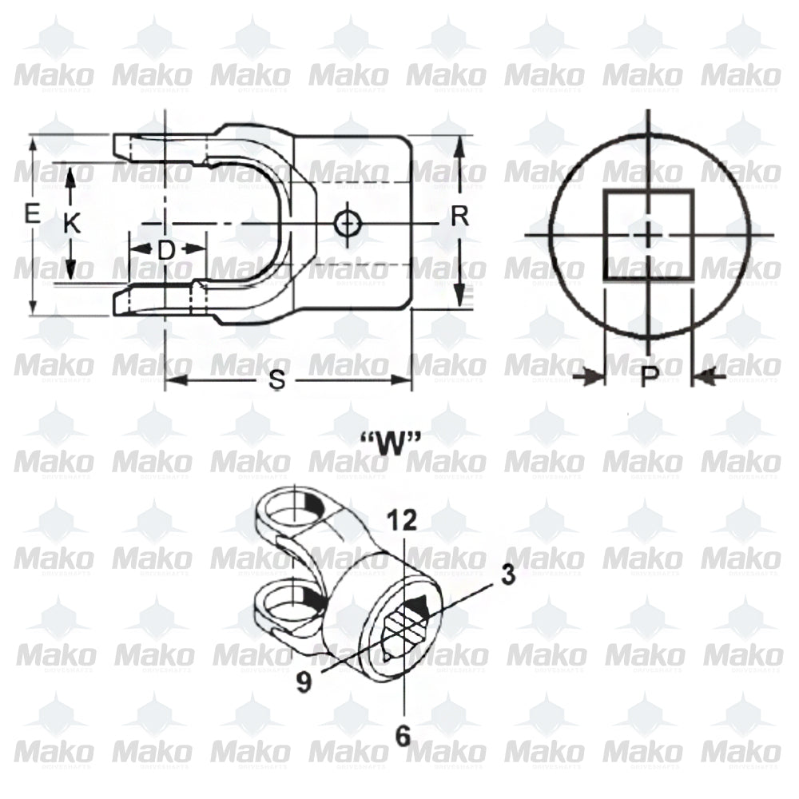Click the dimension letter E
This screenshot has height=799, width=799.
pyautogui.click(x=32, y=214)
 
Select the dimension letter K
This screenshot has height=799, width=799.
pyautogui.click(x=72, y=225)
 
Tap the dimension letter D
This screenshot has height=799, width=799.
pyautogui.click(x=165, y=250)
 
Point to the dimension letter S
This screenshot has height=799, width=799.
pyautogui.click(x=277, y=381)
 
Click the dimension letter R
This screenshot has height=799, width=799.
pyautogui.click(x=459, y=216)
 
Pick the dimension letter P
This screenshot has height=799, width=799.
pyautogui.click(x=650, y=376)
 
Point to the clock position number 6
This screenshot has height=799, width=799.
pyautogui.click(x=403, y=734)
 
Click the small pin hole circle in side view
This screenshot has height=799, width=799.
pyautogui.click(x=345, y=223)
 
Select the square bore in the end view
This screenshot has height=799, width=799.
pyautogui.click(x=647, y=234)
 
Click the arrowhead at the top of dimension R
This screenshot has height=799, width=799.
pyautogui.click(x=459, y=145)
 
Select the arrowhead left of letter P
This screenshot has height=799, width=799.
pyautogui.click(x=593, y=376)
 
